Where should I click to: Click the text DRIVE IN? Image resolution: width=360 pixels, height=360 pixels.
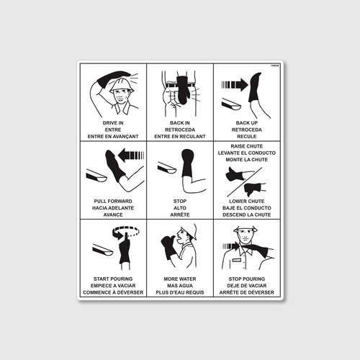[113, 123]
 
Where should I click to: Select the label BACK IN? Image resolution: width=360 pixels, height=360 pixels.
[180, 123]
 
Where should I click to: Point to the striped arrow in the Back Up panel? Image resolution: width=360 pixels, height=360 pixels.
[234, 84]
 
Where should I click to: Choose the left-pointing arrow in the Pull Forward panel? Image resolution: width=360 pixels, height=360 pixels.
[131, 154]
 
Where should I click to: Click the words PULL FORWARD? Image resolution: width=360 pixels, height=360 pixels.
[113, 201]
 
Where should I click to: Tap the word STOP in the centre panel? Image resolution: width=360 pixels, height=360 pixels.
[180, 201]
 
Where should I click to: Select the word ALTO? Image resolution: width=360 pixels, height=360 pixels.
[180, 207]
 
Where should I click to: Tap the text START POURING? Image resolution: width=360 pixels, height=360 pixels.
[113, 279]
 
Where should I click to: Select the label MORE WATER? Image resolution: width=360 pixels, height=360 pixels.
[180, 279]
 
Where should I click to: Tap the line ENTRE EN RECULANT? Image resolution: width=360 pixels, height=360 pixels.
[180, 136]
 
